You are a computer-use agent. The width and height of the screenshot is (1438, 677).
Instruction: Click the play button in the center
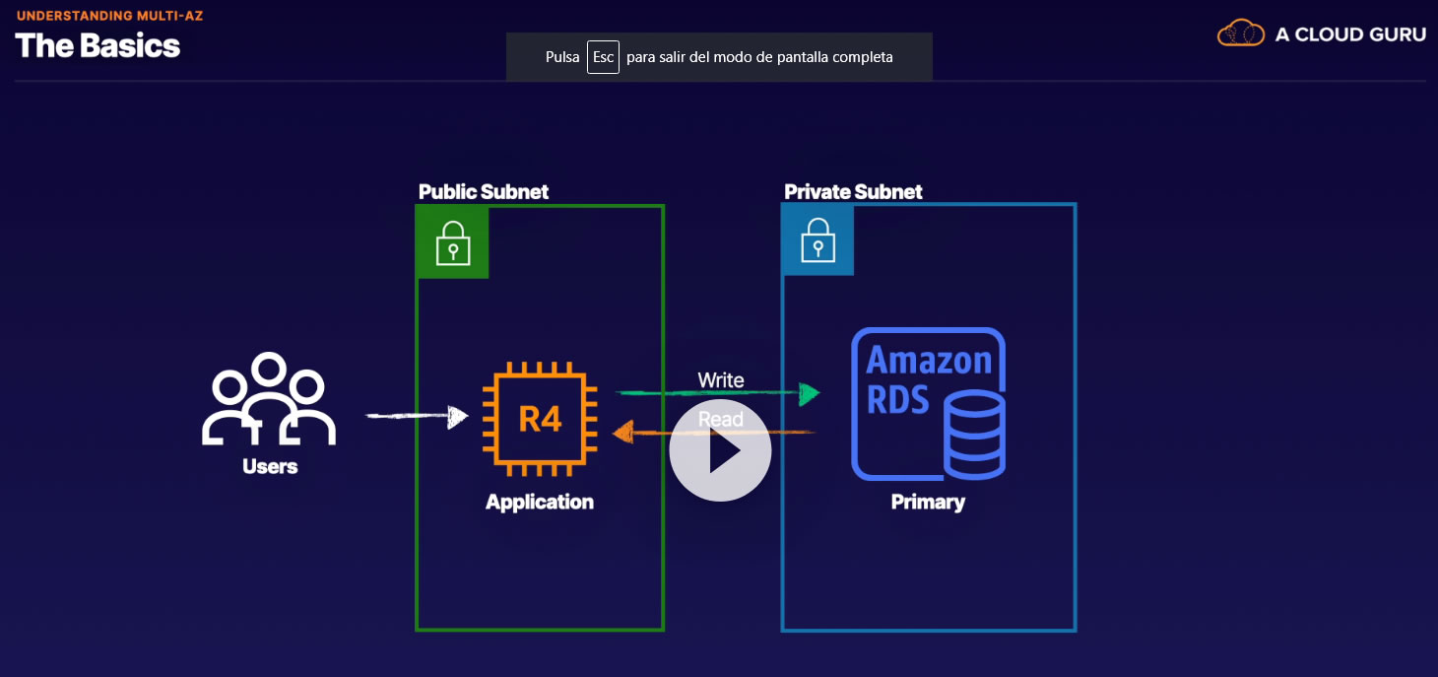click(720, 450)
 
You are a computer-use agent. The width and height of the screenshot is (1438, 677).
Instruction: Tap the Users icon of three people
click(269, 400)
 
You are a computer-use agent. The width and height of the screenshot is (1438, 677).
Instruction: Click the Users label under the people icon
click(270, 466)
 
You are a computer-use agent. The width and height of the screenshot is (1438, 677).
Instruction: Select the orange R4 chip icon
click(540, 418)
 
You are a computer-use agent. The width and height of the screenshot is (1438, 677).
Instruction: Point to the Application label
click(540, 502)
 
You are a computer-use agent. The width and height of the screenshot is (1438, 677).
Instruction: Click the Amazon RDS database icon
click(929, 403)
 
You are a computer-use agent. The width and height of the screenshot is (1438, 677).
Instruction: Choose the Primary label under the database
click(928, 502)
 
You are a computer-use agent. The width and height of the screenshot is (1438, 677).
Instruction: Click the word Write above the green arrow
click(721, 380)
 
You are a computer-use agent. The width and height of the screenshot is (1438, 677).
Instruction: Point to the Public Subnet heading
click(484, 191)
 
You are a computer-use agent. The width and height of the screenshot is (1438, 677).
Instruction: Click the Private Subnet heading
click(853, 191)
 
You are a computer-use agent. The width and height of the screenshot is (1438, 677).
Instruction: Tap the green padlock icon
click(453, 242)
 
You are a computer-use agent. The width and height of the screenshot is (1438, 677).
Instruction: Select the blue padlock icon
click(817, 239)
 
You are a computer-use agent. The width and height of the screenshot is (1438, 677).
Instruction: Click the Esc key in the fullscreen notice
click(603, 57)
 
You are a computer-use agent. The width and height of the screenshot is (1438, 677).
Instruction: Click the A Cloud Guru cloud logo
click(1240, 34)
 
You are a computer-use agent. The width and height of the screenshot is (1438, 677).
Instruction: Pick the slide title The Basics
click(98, 45)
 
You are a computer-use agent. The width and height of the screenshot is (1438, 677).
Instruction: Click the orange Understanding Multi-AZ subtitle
click(109, 16)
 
